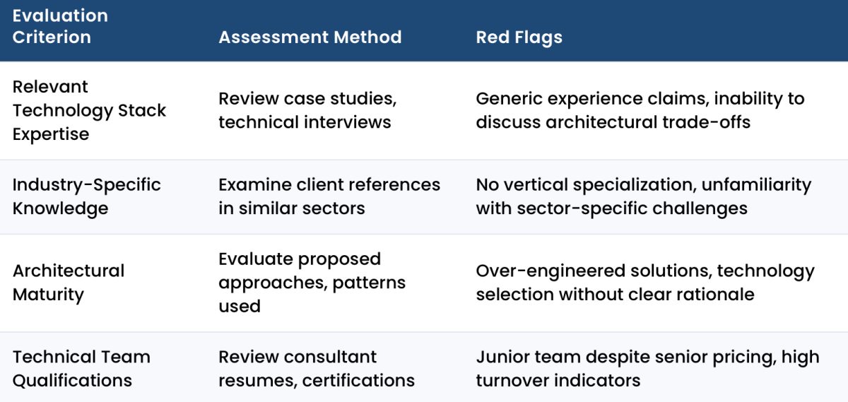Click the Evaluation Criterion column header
(60, 26)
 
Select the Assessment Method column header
(310, 37)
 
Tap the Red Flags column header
(519, 37)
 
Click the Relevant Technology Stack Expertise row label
(89, 110)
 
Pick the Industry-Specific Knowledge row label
(86, 196)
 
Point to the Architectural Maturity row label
(68, 282)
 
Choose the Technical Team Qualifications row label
(81, 368)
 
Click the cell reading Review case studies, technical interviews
(305, 110)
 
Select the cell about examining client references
(329, 196)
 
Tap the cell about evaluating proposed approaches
(312, 282)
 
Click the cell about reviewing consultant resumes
(316, 368)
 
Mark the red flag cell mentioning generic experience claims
(640, 110)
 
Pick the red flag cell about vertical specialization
(643, 196)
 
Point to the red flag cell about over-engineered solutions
(644, 282)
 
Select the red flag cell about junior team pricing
(647, 368)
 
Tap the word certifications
(358, 380)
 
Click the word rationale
(712, 294)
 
